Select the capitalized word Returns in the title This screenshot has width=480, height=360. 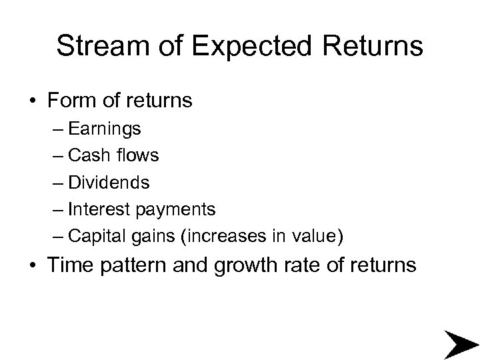[371, 47]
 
